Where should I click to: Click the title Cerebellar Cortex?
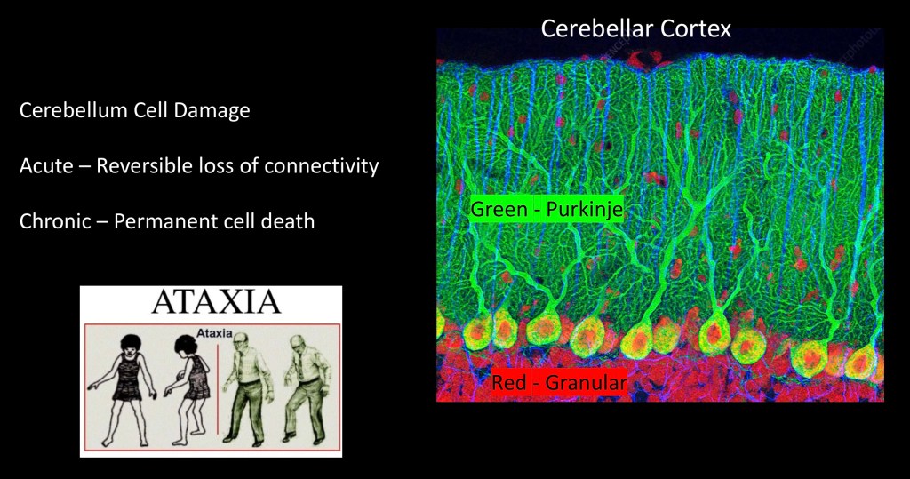(635, 28)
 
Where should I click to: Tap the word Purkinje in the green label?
(585, 209)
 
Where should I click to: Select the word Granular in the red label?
(587, 383)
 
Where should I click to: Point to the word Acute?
(46, 166)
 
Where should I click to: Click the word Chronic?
(55, 221)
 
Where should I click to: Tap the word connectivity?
(322, 167)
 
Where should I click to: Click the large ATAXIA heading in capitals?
(216, 302)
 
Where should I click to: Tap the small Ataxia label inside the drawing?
(214, 333)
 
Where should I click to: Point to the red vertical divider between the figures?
(218, 389)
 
